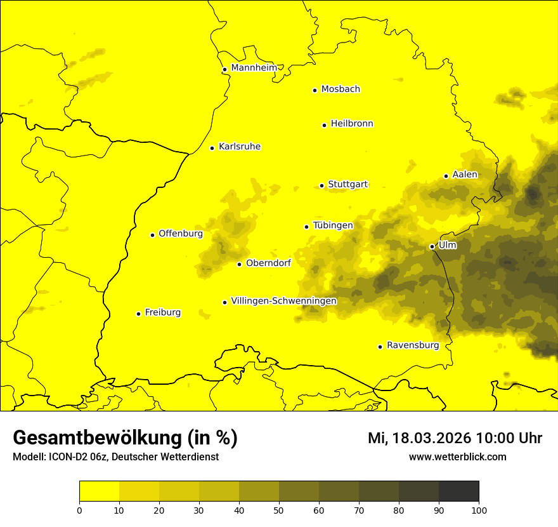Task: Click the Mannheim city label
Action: [254, 68]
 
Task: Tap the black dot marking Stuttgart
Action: [322, 185]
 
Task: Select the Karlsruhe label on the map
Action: [240, 147]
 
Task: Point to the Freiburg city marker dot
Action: [138, 314]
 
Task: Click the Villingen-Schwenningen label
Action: [283, 301]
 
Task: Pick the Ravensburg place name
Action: [413, 345]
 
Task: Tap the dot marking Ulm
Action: [432, 246]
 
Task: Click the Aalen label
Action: [465, 175]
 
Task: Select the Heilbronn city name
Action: [352, 124]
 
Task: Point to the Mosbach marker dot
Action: [315, 90]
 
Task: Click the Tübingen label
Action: [333, 225]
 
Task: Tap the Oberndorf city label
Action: [268, 263]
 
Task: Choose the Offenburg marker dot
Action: [152, 235]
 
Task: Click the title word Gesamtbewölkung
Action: [98, 438]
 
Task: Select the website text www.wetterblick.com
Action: [457, 457]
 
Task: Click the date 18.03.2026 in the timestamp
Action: [432, 438]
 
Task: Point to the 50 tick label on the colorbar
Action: [279, 510]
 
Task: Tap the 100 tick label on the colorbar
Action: [478, 510]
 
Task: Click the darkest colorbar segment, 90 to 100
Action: [458, 491]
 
